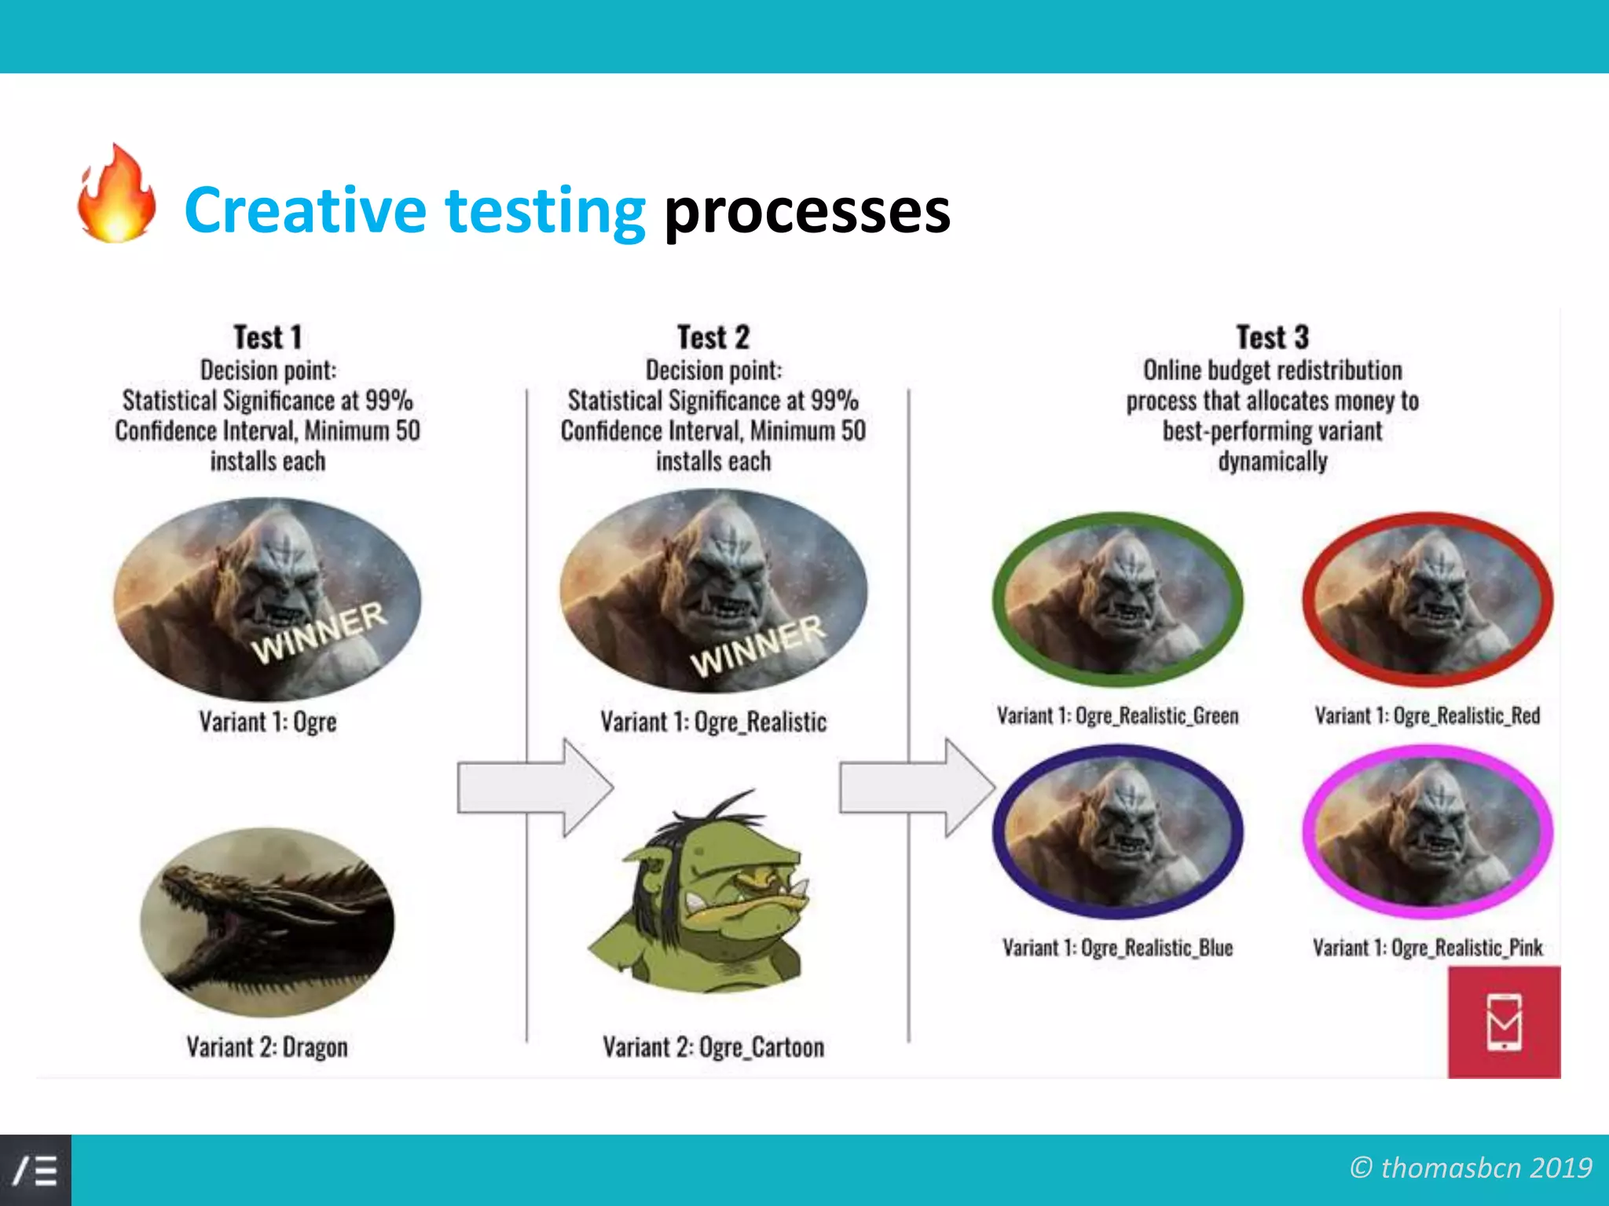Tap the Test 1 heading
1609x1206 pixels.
(x=267, y=338)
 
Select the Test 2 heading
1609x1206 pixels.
(x=713, y=338)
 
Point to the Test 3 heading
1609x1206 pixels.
(x=1272, y=338)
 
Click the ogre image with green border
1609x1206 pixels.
(x=1117, y=599)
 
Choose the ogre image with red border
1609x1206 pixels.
(x=1427, y=599)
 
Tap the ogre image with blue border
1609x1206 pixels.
(x=1117, y=831)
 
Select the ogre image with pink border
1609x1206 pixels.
(x=1427, y=831)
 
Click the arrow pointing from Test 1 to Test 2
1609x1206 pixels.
(x=534, y=788)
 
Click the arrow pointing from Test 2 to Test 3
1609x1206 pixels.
(x=916, y=788)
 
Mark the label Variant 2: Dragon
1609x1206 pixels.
(x=267, y=1047)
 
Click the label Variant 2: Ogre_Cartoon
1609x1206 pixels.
(x=713, y=1047)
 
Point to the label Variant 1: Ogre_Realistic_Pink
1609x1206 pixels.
(x=1427, y=948)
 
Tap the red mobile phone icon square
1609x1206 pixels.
(x=1504, y=1021)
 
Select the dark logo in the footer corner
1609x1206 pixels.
(x=35, y=1170)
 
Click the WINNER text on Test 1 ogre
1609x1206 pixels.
(x=319, y=633)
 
